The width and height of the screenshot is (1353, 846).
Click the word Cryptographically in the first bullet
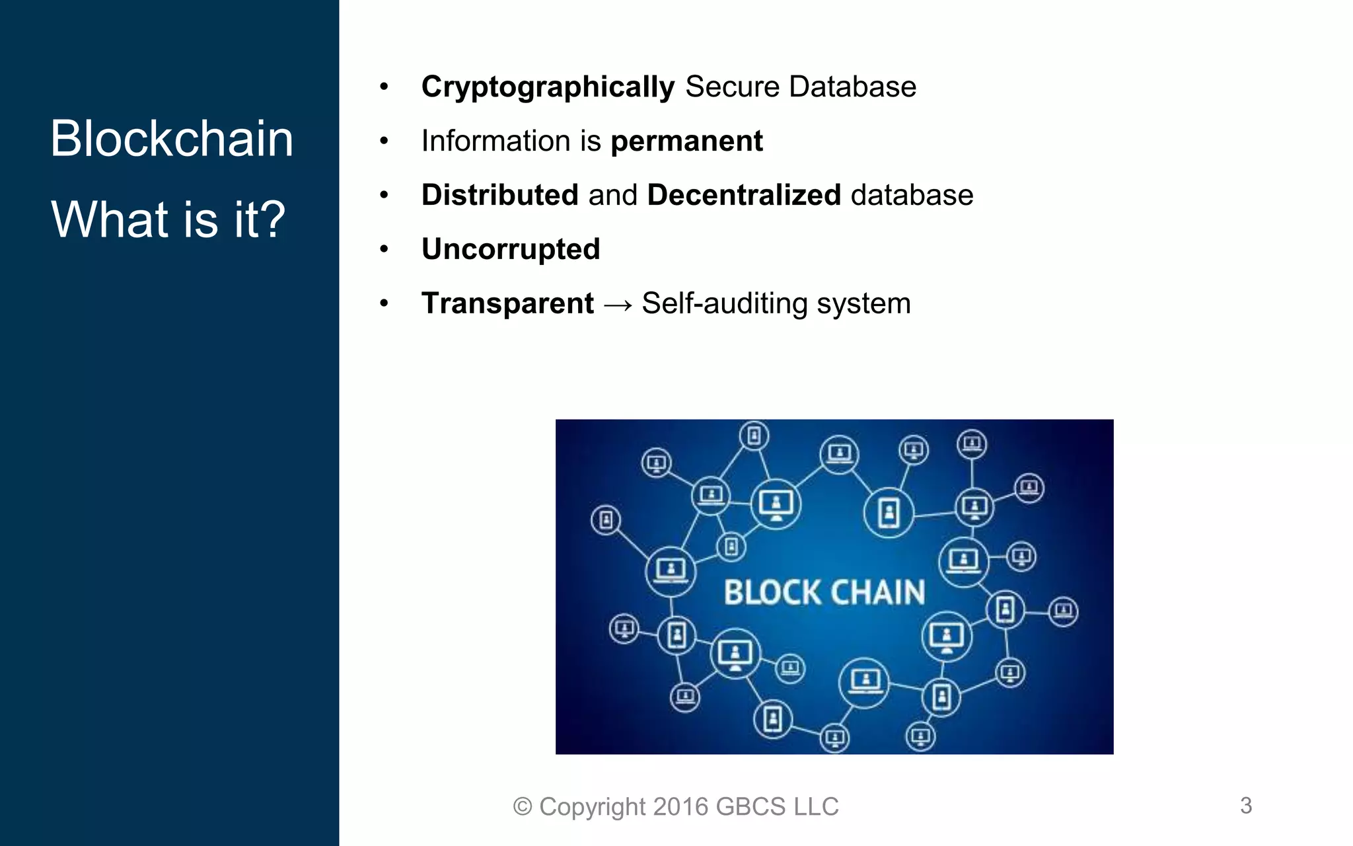pyautogui.click(x=548, y=87)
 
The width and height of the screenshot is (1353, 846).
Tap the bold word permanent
pyautogui.click(x=686, y=141)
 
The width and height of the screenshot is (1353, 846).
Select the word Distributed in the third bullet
pyautogui.click(x=500, y=196)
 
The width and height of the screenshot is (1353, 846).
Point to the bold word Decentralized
pyautogui.click(x=744, y=196)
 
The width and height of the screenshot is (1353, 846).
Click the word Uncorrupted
pyautogui.click(x=511, y=250)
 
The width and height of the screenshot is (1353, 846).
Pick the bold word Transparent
pyautogui.click(x=507, y=304)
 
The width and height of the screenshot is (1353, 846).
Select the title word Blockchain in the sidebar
pyautogui.click(x=172, y=139)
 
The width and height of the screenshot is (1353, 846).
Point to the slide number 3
pyautogui.click(x=1245, y=806)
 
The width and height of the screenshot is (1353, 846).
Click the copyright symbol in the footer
pyautogui.click(x=523, y=807)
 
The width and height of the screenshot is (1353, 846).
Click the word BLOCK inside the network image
pyautogui.click(x=770, y=592)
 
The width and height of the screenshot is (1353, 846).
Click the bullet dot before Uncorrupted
pyautogui.click(x=384, y=249)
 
